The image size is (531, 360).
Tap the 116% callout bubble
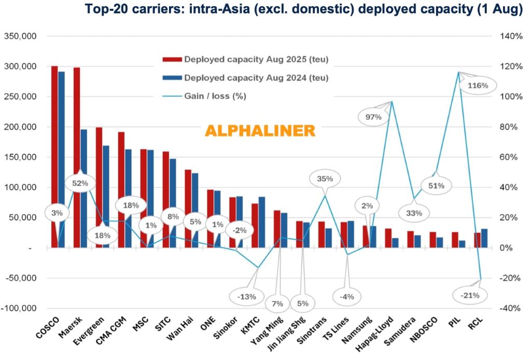[477, 85]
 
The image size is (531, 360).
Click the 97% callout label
[373, 117]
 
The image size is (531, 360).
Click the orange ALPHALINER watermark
[259, 131]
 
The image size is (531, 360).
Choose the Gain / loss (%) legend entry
[215, 96]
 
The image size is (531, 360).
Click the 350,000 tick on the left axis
[20, 36]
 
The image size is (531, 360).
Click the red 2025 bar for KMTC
[255, 226]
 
